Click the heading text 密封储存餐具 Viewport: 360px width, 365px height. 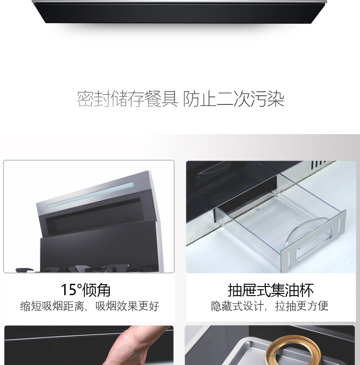127,99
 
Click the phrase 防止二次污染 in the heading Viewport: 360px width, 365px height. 233,99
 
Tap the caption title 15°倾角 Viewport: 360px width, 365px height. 86,290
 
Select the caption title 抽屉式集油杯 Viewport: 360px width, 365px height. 271,290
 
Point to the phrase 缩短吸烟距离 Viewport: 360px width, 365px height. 52,306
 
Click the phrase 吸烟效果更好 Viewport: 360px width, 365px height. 127,306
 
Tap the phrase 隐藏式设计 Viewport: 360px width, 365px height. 237,306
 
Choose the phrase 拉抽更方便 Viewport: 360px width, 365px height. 302,306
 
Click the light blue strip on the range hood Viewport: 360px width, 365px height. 89,196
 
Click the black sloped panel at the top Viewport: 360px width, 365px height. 179,13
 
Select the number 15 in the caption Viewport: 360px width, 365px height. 68,290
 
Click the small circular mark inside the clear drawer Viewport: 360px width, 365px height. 257,209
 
